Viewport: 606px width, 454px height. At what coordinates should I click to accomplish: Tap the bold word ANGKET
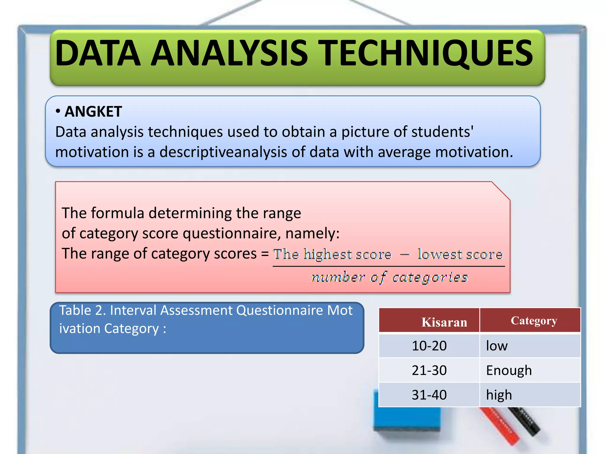click(93, 112)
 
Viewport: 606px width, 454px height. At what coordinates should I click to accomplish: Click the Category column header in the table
click(534, 321)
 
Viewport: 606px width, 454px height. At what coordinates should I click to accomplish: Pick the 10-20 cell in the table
click(429, 346)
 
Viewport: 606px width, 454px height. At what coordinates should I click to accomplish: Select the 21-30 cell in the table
click(429, 370)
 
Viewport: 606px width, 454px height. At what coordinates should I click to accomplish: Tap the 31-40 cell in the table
click(429, 395)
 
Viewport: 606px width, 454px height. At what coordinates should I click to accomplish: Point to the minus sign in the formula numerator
click(405, 254)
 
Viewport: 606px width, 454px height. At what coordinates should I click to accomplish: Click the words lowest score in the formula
click(460, 254)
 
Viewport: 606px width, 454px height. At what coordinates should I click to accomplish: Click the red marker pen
click(500, 426)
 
